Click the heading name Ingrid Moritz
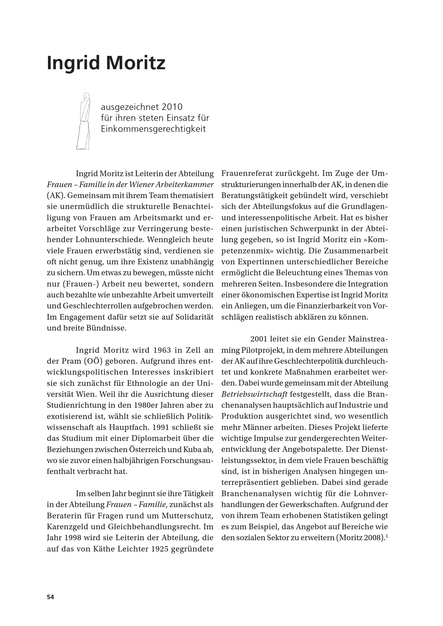[106, 63]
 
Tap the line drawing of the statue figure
[84, 121]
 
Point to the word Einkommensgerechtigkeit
[153, 129]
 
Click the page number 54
[50, 597]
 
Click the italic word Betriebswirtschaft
[254, 394]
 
